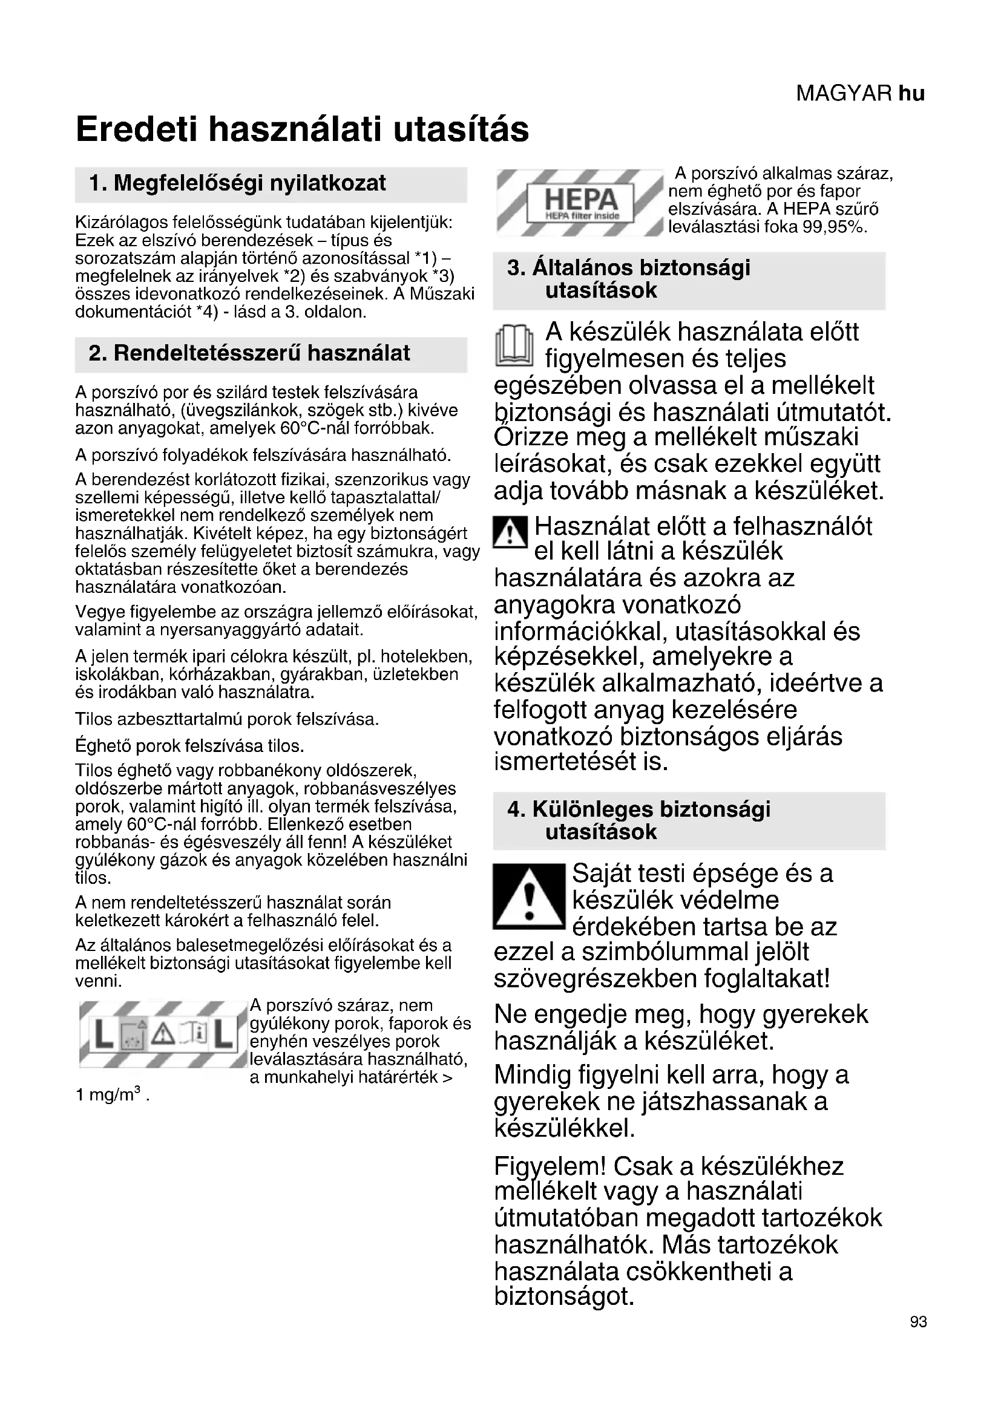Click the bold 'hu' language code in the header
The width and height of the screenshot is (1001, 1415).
911,94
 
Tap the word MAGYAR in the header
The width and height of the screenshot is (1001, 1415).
844,94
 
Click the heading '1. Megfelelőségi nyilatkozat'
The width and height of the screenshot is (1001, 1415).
237,183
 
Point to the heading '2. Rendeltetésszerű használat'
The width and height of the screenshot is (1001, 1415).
249,353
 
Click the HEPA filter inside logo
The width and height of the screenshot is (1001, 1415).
579,203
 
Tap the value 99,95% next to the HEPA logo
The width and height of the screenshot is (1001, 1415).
835,227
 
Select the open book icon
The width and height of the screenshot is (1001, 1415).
514,346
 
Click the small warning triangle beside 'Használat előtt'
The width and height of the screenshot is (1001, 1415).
510,532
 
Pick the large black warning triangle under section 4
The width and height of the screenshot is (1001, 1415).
529,897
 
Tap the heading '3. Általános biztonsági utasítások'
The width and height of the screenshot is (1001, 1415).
629,279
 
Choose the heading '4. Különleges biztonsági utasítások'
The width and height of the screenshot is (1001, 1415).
638,820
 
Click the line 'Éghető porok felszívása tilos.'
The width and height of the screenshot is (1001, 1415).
190,747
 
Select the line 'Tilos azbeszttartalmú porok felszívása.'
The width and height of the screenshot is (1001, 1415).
227,719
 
